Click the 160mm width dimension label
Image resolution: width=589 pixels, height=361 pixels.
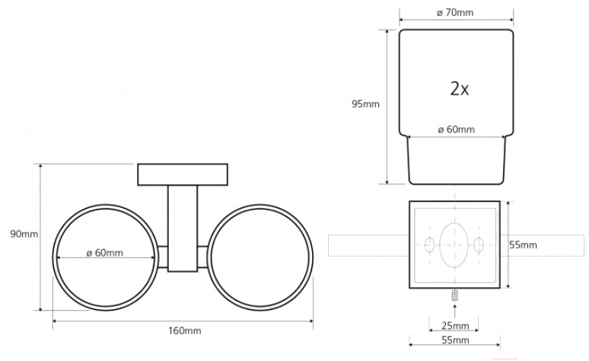click(x=184, y=331)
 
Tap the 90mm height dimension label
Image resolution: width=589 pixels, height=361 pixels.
click(x=24, y=234)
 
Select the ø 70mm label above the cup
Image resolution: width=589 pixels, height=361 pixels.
click(x=455, y=12)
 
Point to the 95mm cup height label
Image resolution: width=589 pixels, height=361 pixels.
click(x=365, y=104)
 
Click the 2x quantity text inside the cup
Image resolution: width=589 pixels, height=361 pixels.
click(x=460, y=89)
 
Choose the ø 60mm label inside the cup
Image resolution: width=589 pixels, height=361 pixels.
click(x=457, y=129)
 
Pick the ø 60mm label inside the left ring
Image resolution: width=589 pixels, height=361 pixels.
click(x=105, y=253)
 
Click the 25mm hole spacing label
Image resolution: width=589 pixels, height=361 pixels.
click(x=455, y=326)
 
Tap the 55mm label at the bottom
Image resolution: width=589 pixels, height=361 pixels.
click(x=455, y=340)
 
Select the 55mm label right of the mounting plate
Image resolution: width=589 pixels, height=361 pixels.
click(x=523, y=244)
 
